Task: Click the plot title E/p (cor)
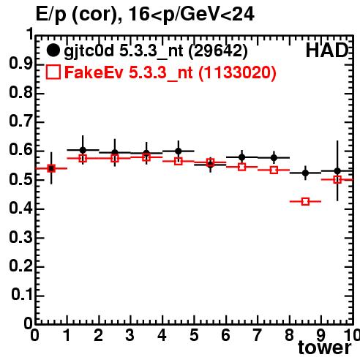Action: (x=78, y=15)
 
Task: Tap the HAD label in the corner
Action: (x=327, y=50)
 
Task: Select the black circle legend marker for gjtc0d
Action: (x=53, y=50)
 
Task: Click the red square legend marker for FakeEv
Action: (x=53, y=72)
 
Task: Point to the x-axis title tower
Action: (x=325, y=348)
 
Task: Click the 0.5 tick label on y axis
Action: (x=20, y=179)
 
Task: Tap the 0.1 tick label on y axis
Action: (x=21, y=295)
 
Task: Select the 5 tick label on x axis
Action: (x=194, y=335)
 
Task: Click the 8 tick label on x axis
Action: (x=289, y=335)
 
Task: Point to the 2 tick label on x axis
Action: (x=99, y=335)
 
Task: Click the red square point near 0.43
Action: (x=305, y=201)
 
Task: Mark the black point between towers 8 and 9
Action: (x=305, y=173)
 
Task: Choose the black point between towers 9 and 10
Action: (x=337, y=171)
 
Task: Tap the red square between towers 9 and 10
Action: (x=337, y=180)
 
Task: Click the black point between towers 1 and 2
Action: (x=83, y=150)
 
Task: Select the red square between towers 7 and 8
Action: (x=274, y=170)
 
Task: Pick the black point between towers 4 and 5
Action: (x=179, y=151)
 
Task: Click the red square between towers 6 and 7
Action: (x=242, y=167)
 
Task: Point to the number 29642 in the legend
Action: (x=218, y=51)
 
